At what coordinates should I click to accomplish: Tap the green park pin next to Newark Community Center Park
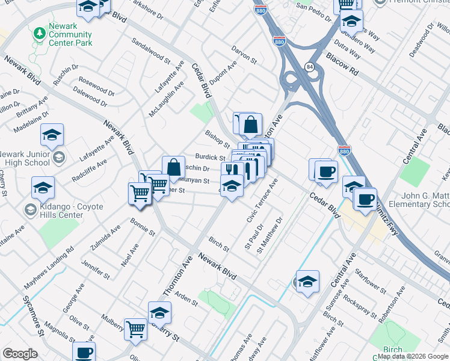click(x=40, y=31)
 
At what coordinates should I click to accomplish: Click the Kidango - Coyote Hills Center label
click(x=63, y=211)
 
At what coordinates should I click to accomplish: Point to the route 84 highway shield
click(x=309, y=66)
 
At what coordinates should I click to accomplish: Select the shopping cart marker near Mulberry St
click(x=136, y=329)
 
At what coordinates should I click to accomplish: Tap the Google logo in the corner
click(x=20, y=354)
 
